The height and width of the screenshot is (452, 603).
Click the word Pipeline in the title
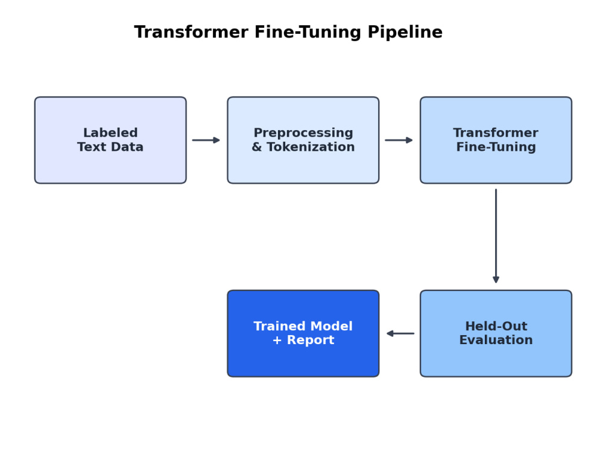click(x=405, y=33)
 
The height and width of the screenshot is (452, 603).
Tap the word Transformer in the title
click(x=191, y=32)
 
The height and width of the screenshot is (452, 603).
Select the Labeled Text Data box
click(x=110, y=140)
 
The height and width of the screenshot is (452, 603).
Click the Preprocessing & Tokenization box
click(x=303, y=140)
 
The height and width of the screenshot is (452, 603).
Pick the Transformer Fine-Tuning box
click(x=496, y=140)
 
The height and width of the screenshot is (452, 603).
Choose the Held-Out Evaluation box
click(x=496, y=334)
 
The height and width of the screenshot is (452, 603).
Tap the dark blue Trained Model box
click(x=303, y=334)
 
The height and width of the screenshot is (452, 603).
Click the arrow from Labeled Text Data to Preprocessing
click(x=206, y=140)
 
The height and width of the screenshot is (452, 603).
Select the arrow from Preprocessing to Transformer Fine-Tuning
click(x=399, y=140)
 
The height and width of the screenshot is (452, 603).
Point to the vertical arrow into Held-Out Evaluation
click(x=496, y=236)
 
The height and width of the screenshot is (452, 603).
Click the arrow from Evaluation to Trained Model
click(x=400, y=334)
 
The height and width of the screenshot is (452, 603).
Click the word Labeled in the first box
click(x=110, y=133)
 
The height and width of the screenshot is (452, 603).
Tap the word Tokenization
click(x=311, y=147)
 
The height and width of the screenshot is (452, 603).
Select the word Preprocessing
click(x=303, y=133)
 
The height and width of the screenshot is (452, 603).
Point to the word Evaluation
click(x=496, y=340)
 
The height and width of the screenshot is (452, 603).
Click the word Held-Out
click(x=496, y=326)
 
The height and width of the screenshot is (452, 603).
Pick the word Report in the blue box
click(x=311, y=341)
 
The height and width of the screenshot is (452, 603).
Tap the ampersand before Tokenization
click(x=257, y=147)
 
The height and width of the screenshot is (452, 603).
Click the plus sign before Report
click(x=277, y=340)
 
